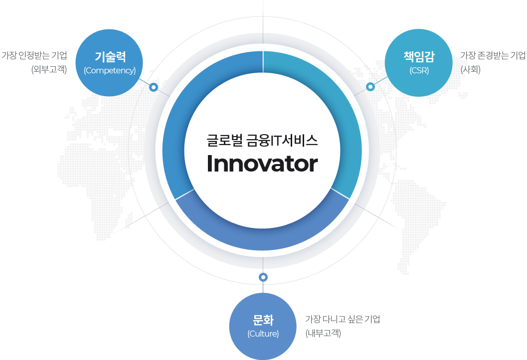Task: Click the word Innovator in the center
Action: click(262, 164)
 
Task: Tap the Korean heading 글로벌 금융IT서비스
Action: click(262, 141)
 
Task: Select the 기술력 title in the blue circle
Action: click(110, 56)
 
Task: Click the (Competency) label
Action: click(110, 71)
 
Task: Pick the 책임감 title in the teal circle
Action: click(419, 56)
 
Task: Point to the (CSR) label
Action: click(419, 71)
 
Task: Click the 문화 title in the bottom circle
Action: click(263, 320)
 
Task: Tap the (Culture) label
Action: click(263, 334)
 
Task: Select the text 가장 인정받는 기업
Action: click(34, 55)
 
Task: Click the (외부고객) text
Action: click(49, 70)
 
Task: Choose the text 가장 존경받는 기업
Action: click(493, 55)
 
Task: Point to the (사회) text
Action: click(471, 70)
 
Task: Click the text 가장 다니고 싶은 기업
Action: click(343, 319)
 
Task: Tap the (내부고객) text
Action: click(323, 333)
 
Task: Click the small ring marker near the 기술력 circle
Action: click(154, 87)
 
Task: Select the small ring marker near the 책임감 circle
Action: click(370, 87)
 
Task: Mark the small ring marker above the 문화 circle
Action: click(263, 277)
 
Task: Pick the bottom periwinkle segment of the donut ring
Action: click(262, 239)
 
